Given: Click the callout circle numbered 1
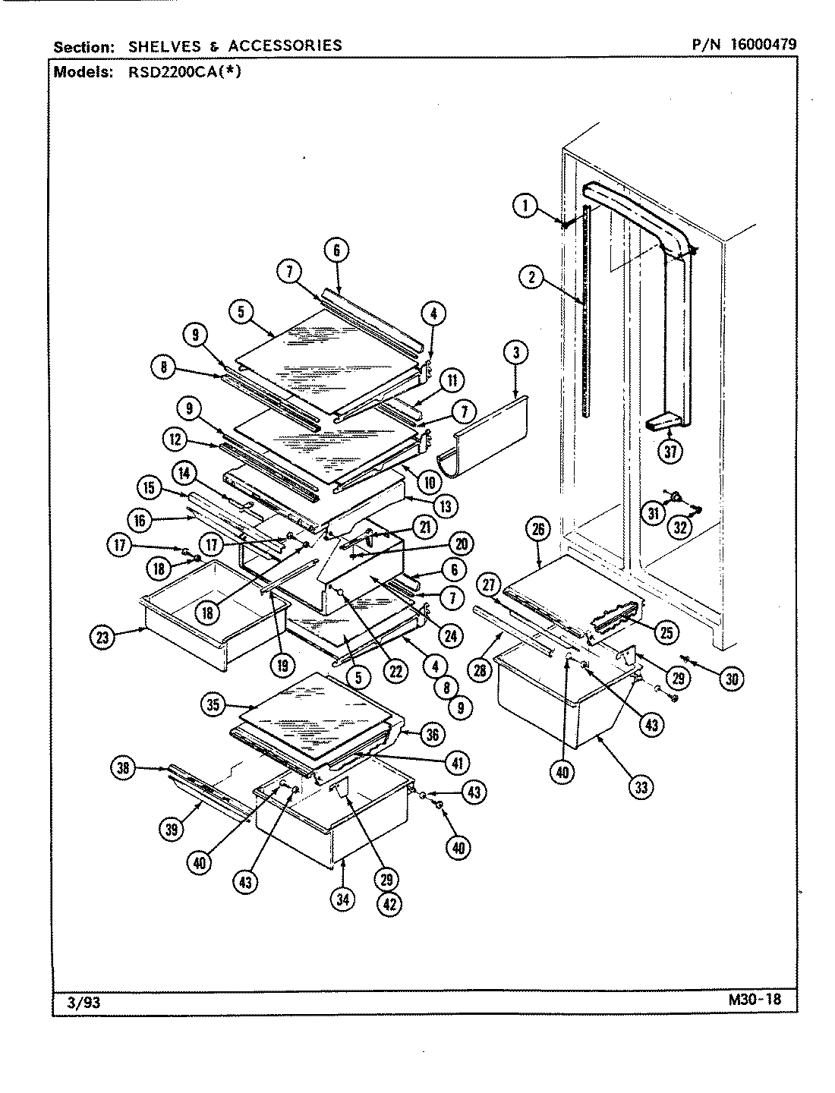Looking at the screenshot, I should click(525, 206).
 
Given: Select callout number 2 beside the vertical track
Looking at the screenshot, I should click(532, 277).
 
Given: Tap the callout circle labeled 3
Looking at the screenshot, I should click(515, 352).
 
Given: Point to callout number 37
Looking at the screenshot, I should click(670, 451).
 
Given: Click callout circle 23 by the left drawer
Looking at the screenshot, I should click(102, 638).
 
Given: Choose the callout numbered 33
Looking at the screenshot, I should click(642, 787).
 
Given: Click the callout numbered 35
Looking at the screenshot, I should click(214, 704).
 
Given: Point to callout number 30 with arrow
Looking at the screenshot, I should click(731, 679).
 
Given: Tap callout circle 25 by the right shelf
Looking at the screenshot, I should click(669, 630).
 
